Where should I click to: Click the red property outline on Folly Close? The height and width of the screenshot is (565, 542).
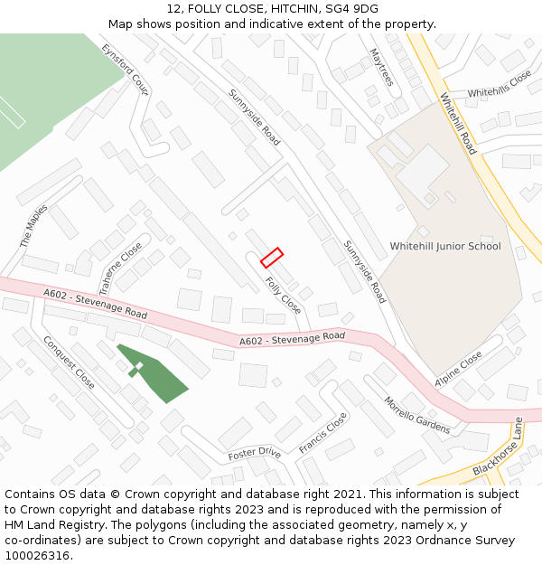pyautogui.click(x=272, y=258)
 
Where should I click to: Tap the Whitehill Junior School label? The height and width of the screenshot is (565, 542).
pyautogui.click(x=444, y=246)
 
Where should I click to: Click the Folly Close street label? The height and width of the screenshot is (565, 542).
pyautogui.click(x=284, y=296)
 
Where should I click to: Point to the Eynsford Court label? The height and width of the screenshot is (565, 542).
pyautogui.click(x=126, y=70)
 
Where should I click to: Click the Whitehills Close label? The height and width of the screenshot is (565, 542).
pyautogui.click(x=500, y=85)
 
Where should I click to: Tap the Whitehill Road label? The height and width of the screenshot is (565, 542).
pyautogui.click(x=458, y=124)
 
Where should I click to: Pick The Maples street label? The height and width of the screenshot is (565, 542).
pyautogui.click(x=34, y=227)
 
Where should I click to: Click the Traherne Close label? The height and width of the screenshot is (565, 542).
pyautogui.click(x=120, y=268)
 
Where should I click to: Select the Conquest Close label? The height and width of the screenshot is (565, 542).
pyautogui.click(x=69, y=363)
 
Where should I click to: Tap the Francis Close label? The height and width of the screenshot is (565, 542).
pyautogui.click(x=322, y=434)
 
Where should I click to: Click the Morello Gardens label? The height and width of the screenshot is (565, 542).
pyautogui.click(x=416, y=415)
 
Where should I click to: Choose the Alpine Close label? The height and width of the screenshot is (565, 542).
pyautogui.click(x=458, y=370)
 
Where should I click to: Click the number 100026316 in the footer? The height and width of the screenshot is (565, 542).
pyautogui.click(x=37, y=555)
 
